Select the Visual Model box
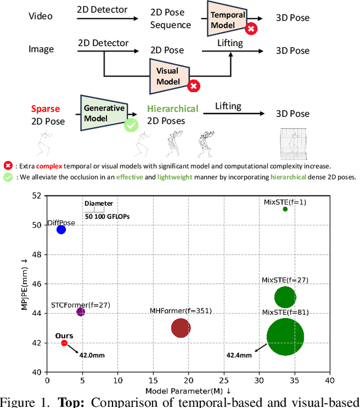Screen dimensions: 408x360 coord(168,75)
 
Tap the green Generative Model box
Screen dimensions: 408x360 coord(104,113)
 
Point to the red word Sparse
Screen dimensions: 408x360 coord(45,108)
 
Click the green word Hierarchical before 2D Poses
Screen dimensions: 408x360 coord(173,108)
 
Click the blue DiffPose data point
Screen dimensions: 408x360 coord(61,229)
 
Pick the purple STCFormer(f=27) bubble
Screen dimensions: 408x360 coord(80,312)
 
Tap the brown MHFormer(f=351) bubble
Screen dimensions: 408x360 coord(180,328)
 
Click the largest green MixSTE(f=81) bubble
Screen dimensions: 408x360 coord(285,337)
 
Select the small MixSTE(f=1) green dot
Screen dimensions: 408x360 coord(285,209)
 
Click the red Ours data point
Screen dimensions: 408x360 coord(64,343)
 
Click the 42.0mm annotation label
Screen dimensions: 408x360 coord(92,355)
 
